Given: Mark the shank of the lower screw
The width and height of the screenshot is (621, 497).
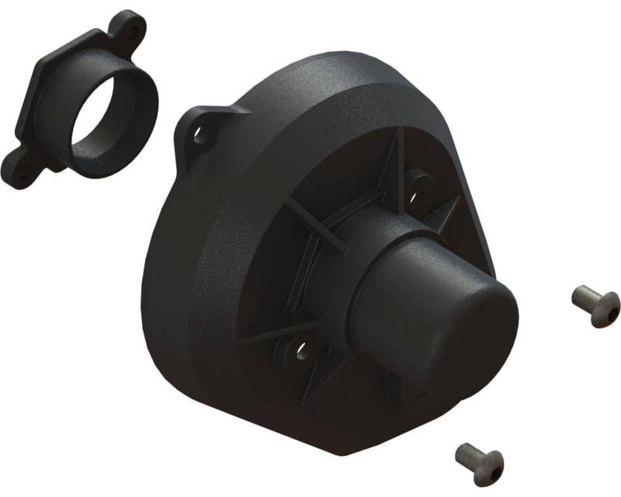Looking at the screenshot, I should pos(467,452).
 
